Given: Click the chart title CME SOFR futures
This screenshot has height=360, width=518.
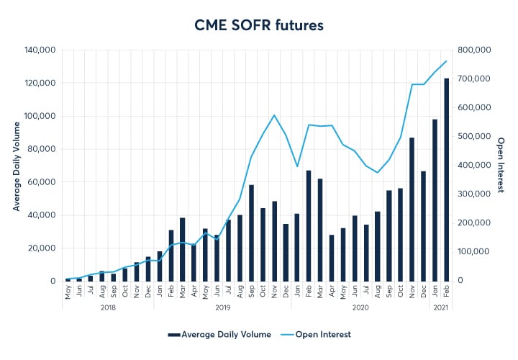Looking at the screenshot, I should [x=259, y=25].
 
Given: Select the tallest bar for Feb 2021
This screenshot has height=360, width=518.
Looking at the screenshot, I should [x=446, y=180].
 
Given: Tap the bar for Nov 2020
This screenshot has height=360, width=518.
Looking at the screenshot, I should [x=412, y=209].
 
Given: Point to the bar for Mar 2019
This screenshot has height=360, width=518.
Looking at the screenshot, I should [x=183, y=249].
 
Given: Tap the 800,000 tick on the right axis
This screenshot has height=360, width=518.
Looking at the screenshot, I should [x=474, y=50].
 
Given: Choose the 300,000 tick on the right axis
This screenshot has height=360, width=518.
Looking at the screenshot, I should [x=474, y=194].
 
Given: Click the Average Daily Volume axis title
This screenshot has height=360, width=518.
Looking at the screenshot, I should [x=15, y=166].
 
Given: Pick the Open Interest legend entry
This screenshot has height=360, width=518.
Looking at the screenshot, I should [x=323, y=335].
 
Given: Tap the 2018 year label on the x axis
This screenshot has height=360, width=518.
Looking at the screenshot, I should [x=108, y=307].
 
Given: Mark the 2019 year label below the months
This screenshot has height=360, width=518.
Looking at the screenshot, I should [x=222, y=307].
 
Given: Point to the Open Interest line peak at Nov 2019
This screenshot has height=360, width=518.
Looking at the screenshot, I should [x=274, y=115].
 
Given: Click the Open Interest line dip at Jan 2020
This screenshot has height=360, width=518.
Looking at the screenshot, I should [x=297, y=166].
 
